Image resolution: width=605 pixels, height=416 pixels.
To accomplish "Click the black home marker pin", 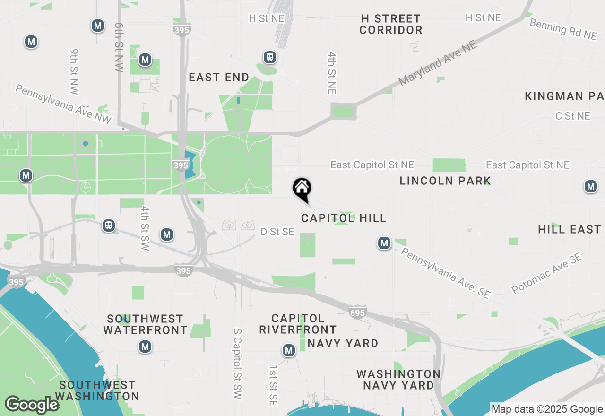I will pyautogui.click(x=302, y=189).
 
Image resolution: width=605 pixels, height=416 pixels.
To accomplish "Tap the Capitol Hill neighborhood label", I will pyautogui.click(x=344, y=218).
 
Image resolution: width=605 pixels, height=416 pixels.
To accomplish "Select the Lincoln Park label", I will pyautogui.click(x=445, y=181).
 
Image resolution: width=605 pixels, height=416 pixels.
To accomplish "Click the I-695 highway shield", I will pyautogui.click(x=358, y=312).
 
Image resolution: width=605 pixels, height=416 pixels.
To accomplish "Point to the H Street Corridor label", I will pyautogui.click(x=390, y=24).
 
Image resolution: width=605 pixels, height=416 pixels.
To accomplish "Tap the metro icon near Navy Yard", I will pyautogui.click(x=288, y=350).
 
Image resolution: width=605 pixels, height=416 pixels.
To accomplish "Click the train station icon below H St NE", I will pyautogui.click(x=270, y=57).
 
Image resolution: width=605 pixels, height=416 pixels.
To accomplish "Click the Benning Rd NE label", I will pyautogui.click(x=563, y=29).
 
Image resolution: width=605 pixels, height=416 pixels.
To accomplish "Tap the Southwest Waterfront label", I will pyautogui.click(x=145, y=324).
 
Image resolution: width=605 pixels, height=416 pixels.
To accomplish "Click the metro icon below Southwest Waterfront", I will pyautogui.click(x=145, y=347).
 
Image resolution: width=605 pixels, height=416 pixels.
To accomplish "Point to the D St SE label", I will pyautogui.click(x=277, y=232).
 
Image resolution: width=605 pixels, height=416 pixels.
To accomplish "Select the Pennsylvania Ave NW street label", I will pyautogui.click(x=63, y=104).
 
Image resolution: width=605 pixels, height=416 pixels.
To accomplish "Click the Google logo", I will pyautogui.click(x=32, y=405).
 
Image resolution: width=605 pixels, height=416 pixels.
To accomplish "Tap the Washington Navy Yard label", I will pyautogui.click(x=398, y=380).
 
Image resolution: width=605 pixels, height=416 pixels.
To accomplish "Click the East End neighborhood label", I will pyautogui.click(x=219, y=77).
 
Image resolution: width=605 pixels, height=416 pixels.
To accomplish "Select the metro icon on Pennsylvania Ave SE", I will pyautogui.click(x=384, y=243).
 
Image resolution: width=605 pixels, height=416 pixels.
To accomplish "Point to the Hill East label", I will pyautogui.click(x=569, y=229).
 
